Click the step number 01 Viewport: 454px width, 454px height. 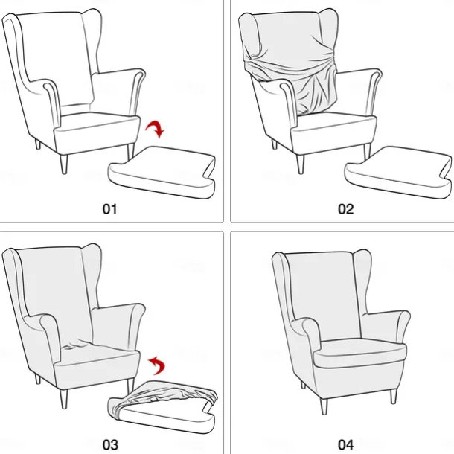(110, 208)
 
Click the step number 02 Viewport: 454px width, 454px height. (345, 208)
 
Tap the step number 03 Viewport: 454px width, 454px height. (110, 444)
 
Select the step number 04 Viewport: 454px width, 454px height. (345, 444)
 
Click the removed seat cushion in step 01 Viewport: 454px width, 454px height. (162, 170)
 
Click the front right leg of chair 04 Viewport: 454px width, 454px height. (322, 404)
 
